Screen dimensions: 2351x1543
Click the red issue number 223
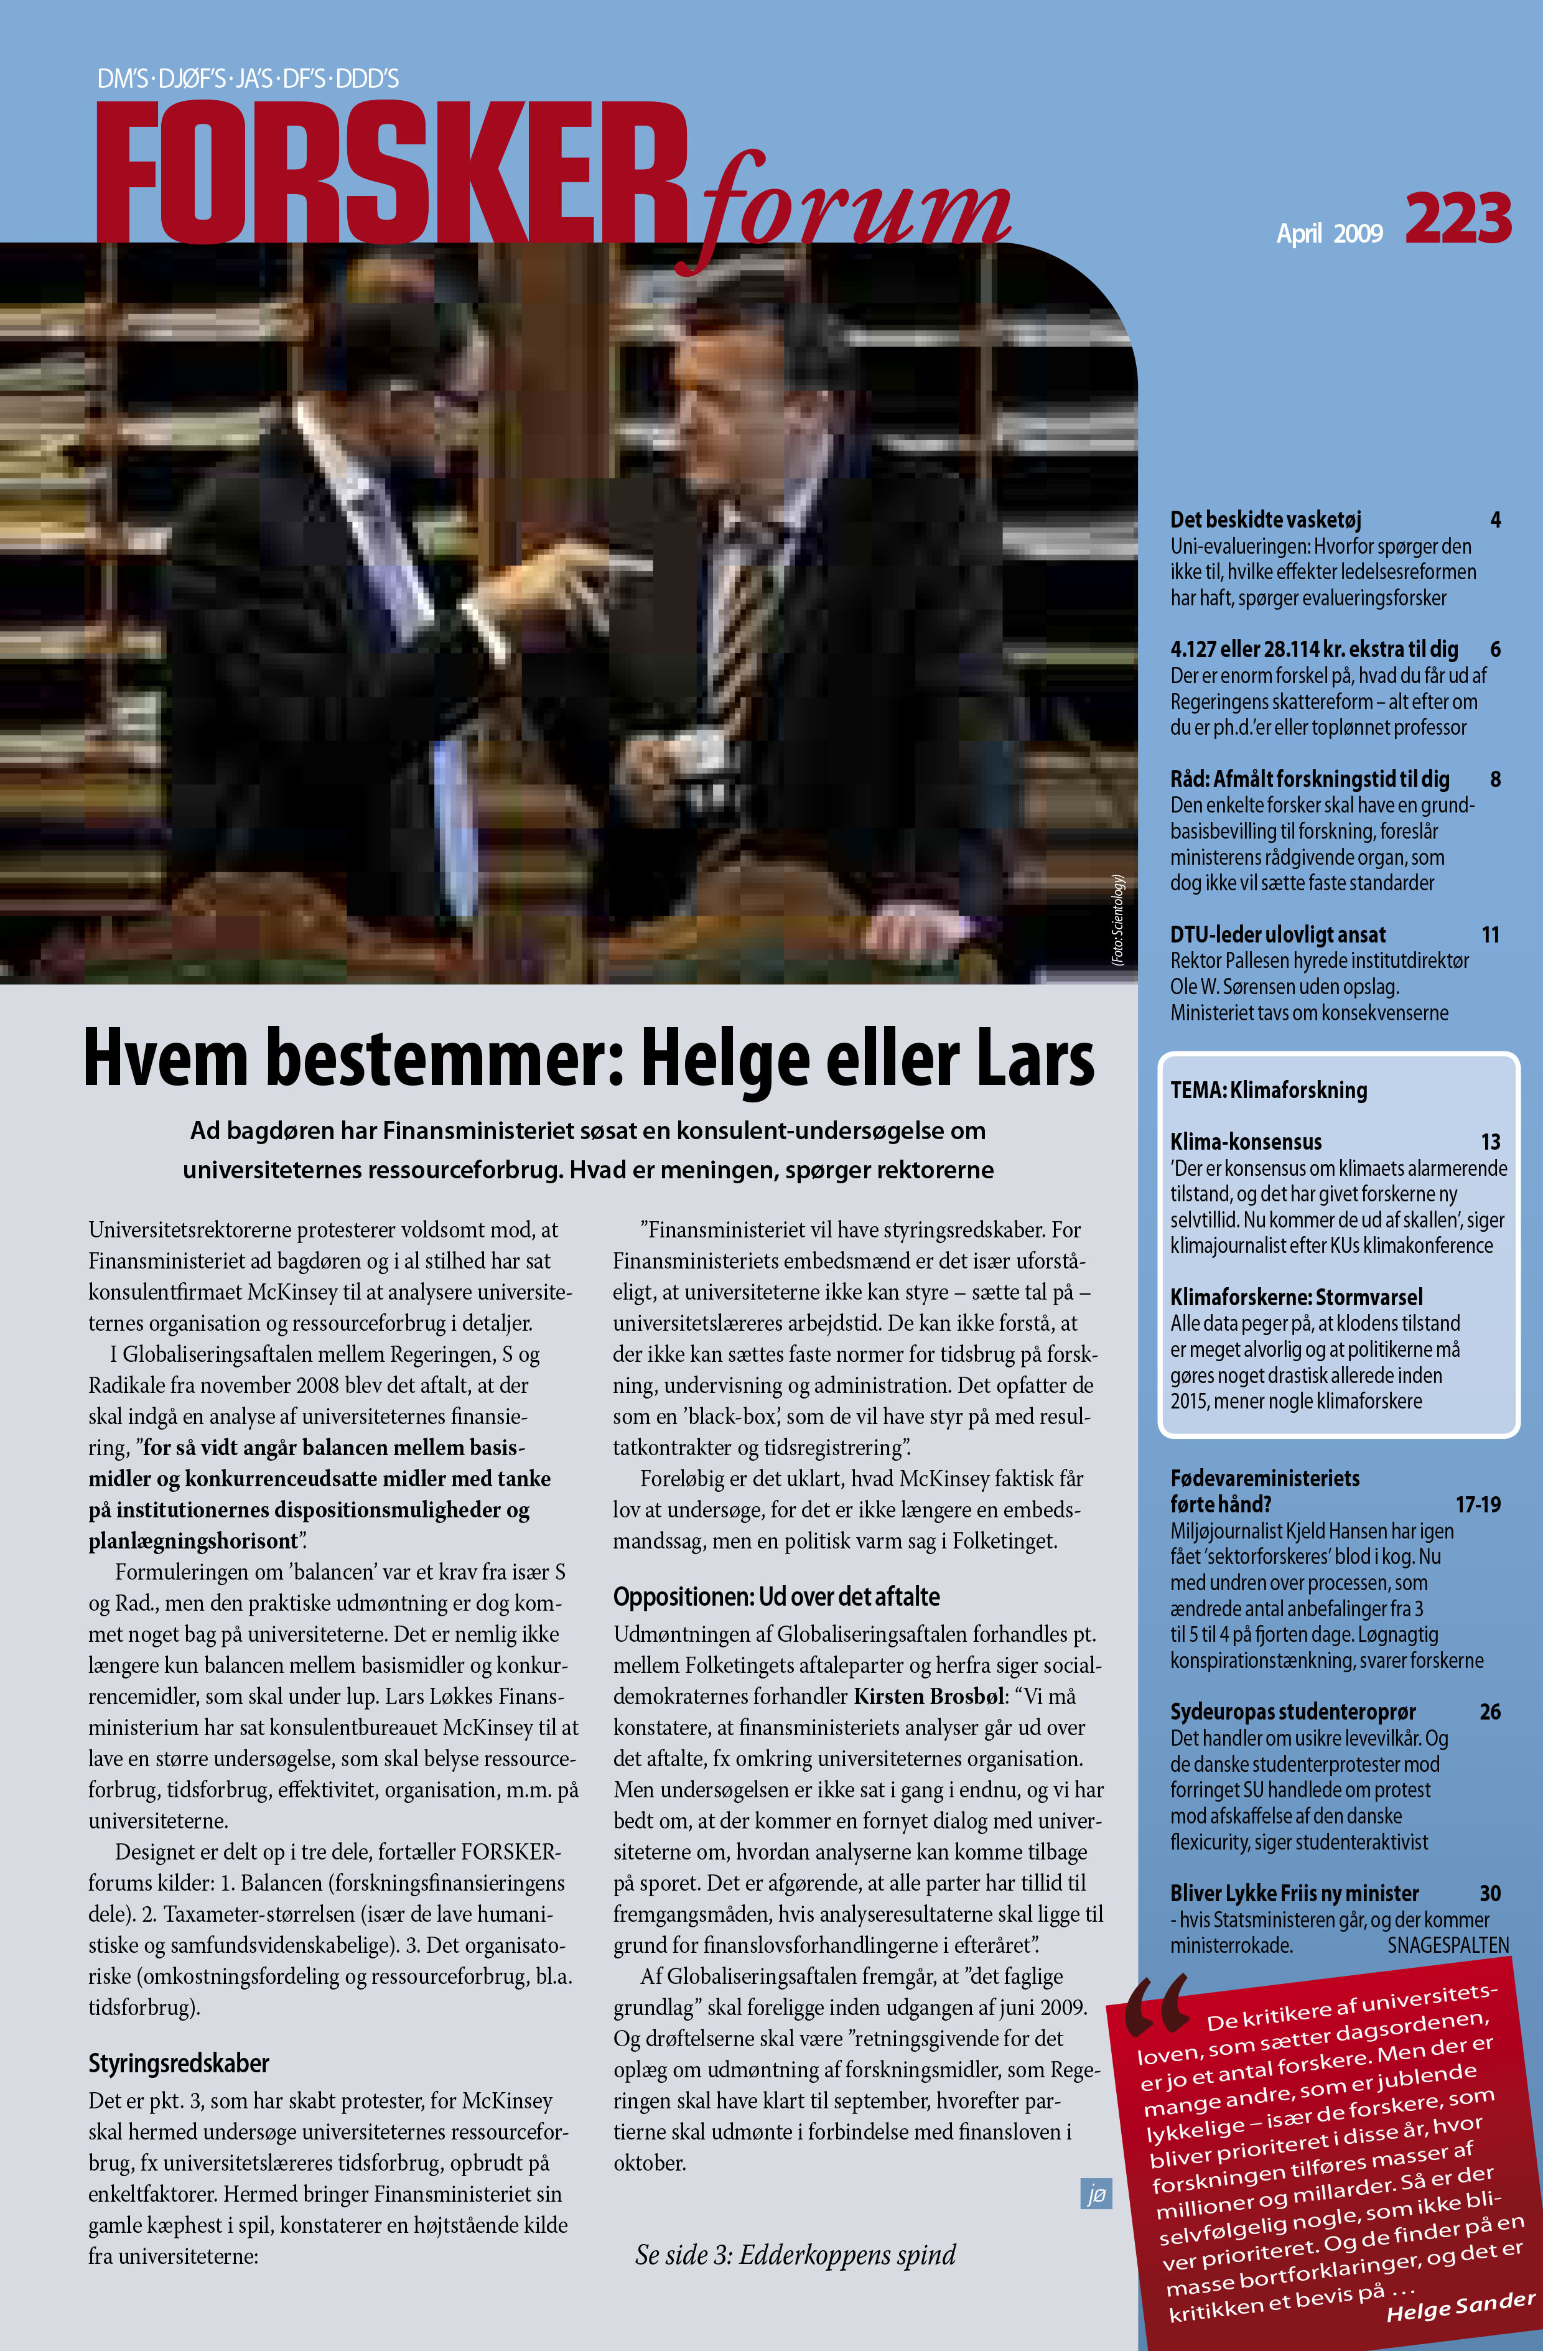(x=1457, y=219)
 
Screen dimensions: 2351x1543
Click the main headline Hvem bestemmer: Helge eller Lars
(x=589, y=1058)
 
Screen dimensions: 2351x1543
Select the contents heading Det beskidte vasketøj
(x=1266, y=519)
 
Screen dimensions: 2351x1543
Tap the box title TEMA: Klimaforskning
(x=1269, y=1091)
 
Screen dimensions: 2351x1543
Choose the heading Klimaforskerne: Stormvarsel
(x=1296, y=1297)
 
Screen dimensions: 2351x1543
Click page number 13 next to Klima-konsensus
(x=1489, y=1142)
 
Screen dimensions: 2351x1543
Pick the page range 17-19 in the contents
(x=1477, y=1504)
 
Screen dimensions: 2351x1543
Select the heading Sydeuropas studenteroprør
(x=1292, y=1712)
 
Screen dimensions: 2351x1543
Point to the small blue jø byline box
(x=1096, y=2194)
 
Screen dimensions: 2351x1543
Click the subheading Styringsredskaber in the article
(x=179, y=2064)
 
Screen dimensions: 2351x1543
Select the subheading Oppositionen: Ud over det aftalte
(x=775, y=1597)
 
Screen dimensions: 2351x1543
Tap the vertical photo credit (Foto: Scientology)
(x=1117, y=919)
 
